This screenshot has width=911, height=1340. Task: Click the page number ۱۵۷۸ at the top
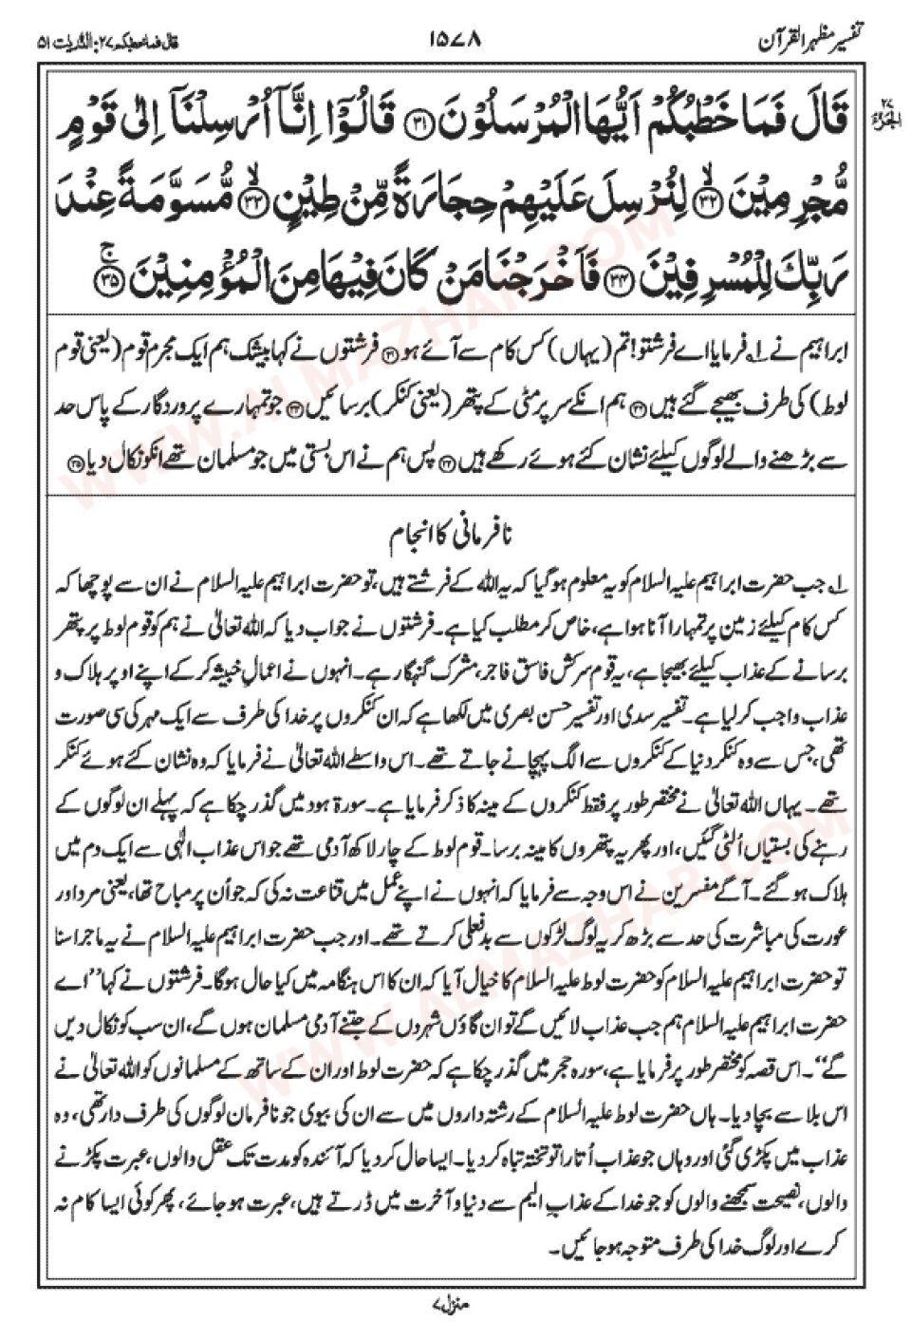click(x=456, y=42)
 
